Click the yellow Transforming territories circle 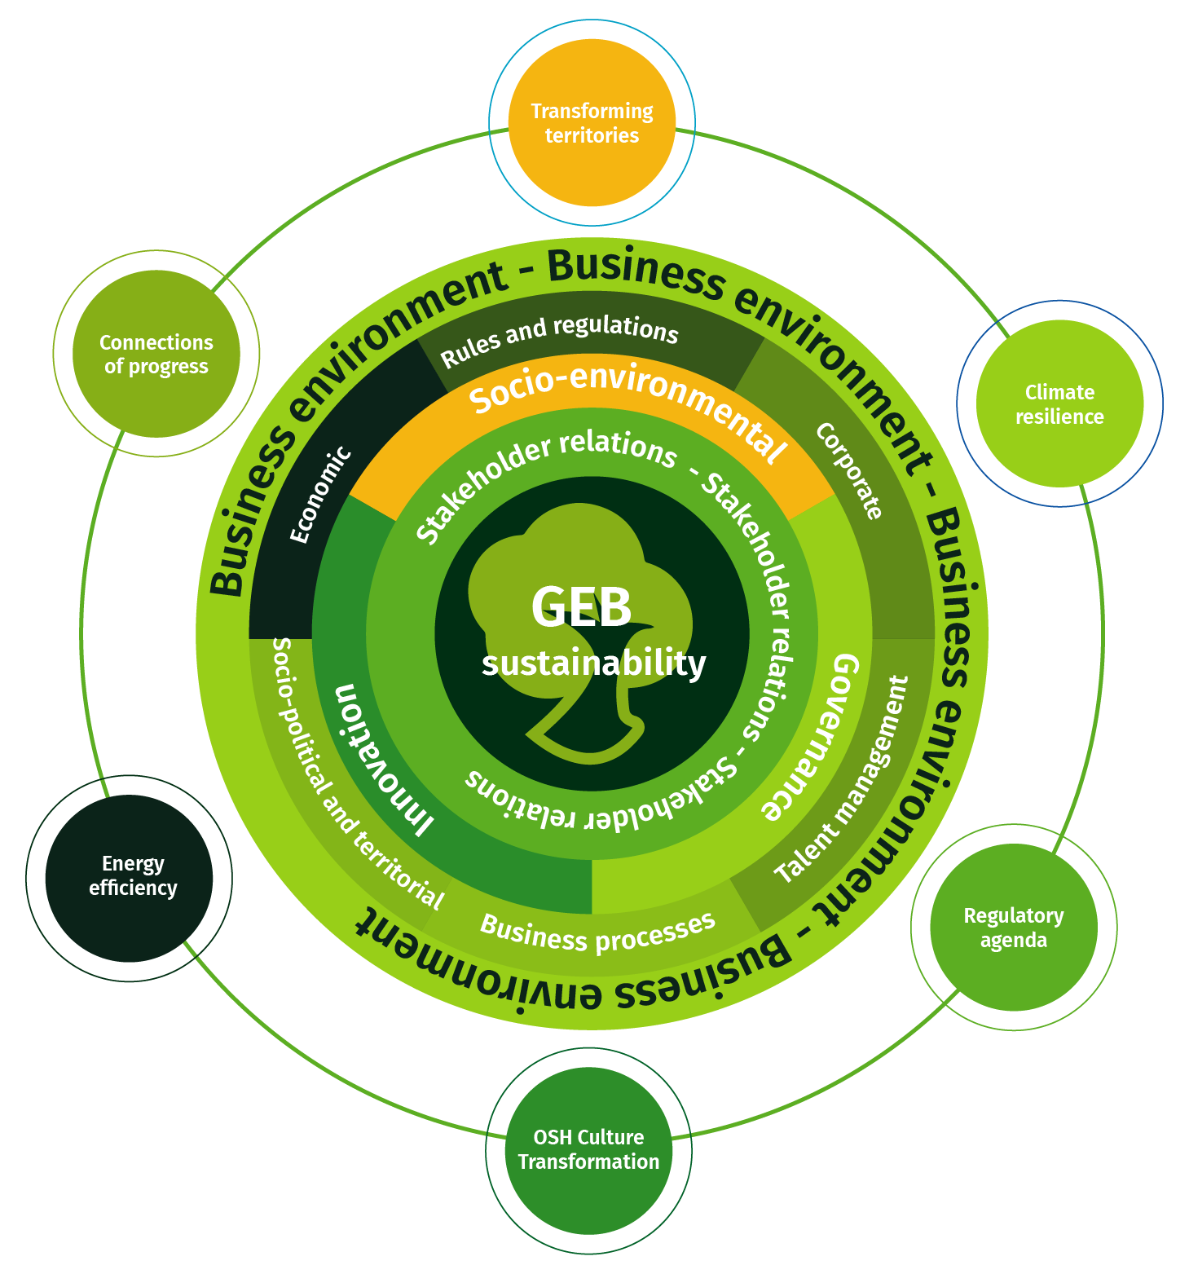point(592,122)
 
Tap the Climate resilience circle point(1059,403)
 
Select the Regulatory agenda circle point(1013,928)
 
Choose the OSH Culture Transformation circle point(588,1149)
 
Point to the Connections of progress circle point(156,354)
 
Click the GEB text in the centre point(581,607)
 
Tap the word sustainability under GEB point(593,663)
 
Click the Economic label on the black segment point(320,496)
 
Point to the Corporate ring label point(849,470)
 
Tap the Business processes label point(597,934)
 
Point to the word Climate point(1059,392)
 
